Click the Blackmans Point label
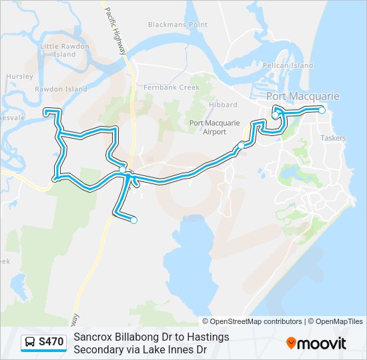(178, 25)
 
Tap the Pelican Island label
(288, 66)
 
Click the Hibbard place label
(223, 105)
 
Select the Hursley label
(19, 77)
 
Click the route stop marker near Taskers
(322, 110)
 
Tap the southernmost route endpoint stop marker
(134, 220)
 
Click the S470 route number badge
(51, 343)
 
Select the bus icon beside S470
(31, 343)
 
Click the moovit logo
(316, 343)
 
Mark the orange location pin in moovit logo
(292, 343)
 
